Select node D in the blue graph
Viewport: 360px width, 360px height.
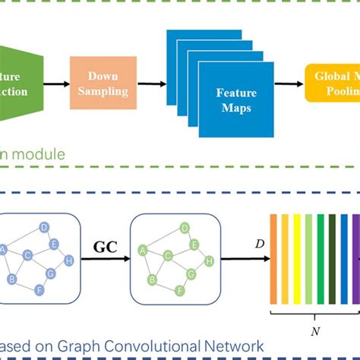click(45, 227)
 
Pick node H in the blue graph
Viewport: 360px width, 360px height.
click(70, 260)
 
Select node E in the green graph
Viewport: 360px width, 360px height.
click(194, 244)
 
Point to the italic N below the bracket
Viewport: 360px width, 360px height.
click(314, 332)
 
